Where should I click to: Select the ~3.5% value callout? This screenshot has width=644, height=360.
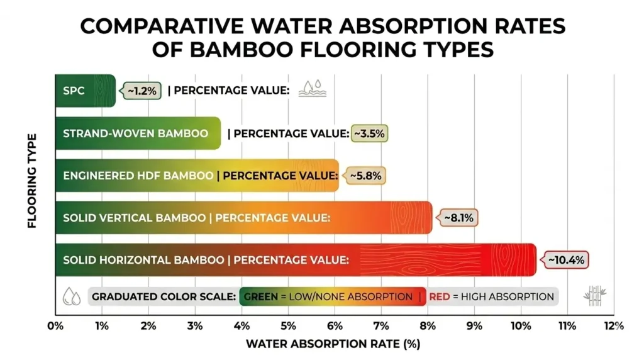point(369,133)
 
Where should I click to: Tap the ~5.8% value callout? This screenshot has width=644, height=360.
point(365,176)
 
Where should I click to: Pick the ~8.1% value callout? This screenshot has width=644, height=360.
point(458,218)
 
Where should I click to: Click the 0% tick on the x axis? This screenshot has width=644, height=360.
point(55,326)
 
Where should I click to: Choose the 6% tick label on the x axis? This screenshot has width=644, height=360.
point(335,326)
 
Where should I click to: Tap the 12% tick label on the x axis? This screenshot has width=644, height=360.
point(614,326)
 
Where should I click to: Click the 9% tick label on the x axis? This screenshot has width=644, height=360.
point(474,326)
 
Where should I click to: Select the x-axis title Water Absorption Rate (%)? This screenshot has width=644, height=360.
point(333,344)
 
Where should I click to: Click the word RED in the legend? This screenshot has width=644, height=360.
point(440,296)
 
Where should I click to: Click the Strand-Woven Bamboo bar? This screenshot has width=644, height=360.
point(138,133)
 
